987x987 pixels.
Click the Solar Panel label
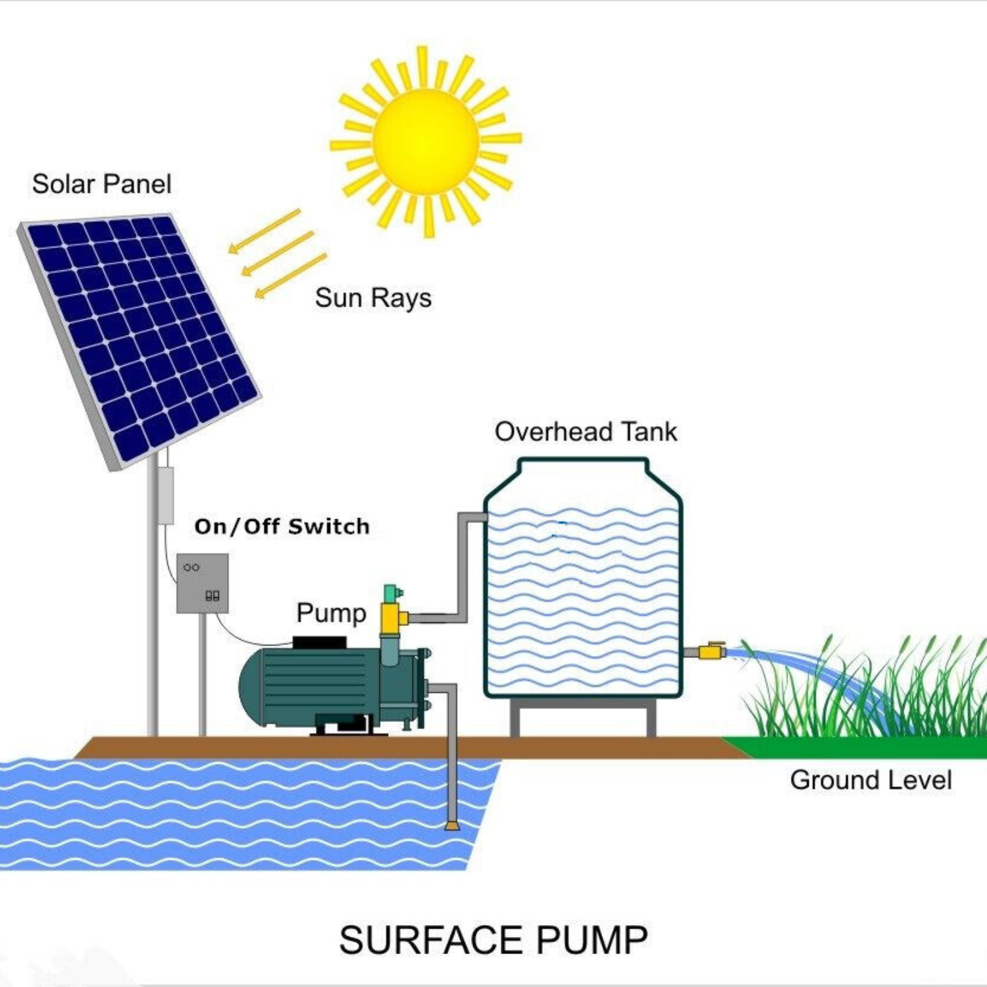[x=102, y=184]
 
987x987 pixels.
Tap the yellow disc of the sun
[x=426, y=141]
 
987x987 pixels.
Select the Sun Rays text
[x=373, y=298]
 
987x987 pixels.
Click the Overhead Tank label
[x=586, y=432]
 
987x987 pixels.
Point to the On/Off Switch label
[x=282, y=526]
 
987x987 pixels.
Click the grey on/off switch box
[x=203, y=583]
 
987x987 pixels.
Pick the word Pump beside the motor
[x=331, y=613]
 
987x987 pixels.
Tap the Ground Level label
[x=871, y=780]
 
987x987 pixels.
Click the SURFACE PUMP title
[x=493, y=940]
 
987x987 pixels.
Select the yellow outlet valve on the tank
[x=711, y=651]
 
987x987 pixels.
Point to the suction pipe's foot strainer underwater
[x=452, y=825]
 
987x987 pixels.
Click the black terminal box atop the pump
[x=319, y=642]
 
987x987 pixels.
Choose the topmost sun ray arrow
[x=265, y=231]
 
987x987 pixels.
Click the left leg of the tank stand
[x=515, y=719]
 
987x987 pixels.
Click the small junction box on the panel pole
[x=165, y=495]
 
